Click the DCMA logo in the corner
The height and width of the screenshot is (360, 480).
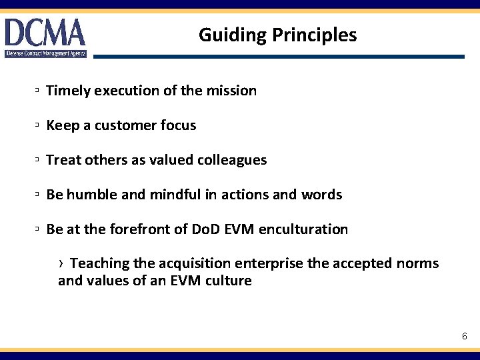(45, 37)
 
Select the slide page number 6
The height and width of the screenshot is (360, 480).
(465, 337)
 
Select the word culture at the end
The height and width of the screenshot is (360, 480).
(229, 281)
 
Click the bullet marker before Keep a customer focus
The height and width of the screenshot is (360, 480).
(39, 125)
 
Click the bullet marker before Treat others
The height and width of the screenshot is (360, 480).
(39, 160)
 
